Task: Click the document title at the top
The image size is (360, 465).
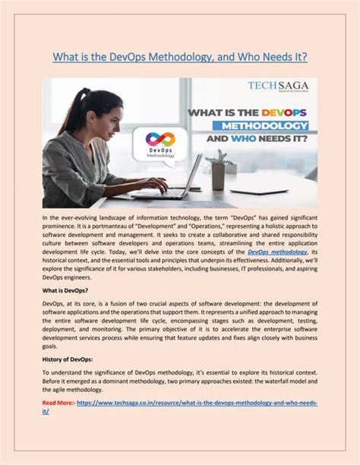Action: pyautogui.click(x=179, y=58)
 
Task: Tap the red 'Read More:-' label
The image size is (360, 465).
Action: pyautogui.click(x=58, y=403)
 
